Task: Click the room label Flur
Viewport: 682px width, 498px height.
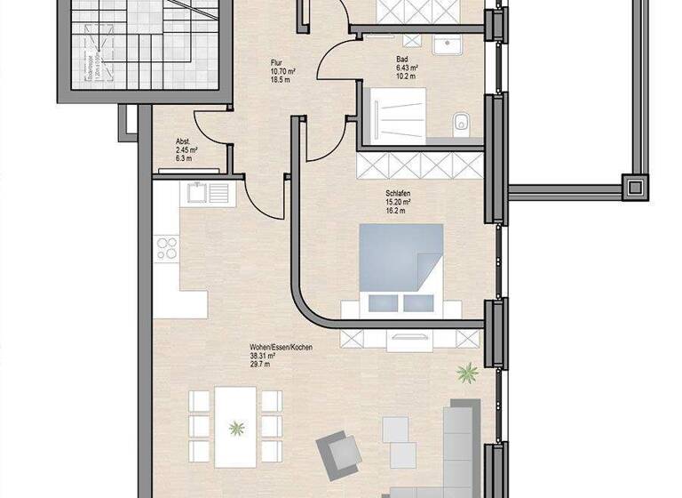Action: [277, 62]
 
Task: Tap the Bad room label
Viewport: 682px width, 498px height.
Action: [402, 60]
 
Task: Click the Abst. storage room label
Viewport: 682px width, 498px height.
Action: [184, 141]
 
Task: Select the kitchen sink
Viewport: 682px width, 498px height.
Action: [204, 192]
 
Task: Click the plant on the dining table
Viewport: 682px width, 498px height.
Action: [236, 429]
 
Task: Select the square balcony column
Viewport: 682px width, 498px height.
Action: [635, 187]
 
